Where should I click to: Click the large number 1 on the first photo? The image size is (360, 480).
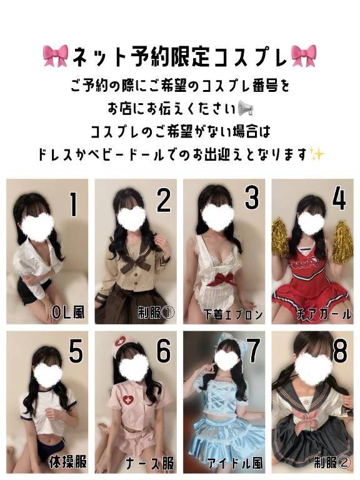[x=73, y=204]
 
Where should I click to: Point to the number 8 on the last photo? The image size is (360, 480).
[x=339, y=352]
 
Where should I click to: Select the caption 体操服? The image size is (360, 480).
[x=67, y=462]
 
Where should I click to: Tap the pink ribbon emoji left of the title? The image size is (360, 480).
[x=56, y=56]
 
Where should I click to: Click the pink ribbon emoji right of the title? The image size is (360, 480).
[x=305, y=56]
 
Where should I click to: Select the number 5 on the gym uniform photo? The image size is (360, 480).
[x=75, y=352]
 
